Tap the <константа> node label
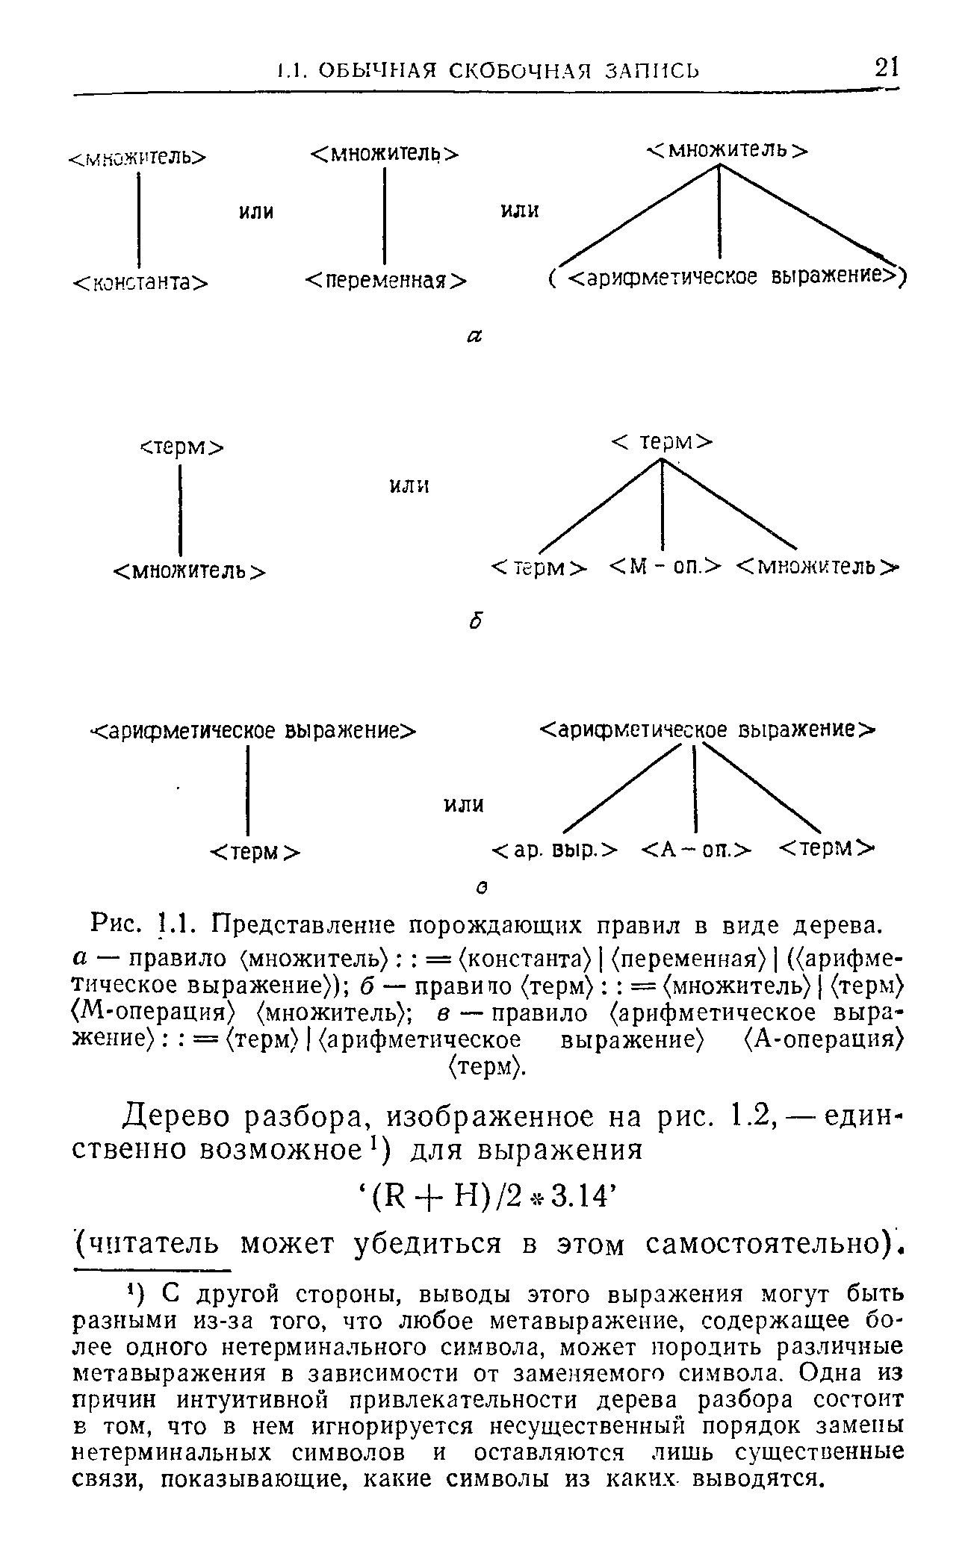point(140,281)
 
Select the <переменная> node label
point(386,281)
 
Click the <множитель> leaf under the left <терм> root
point(189,571)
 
